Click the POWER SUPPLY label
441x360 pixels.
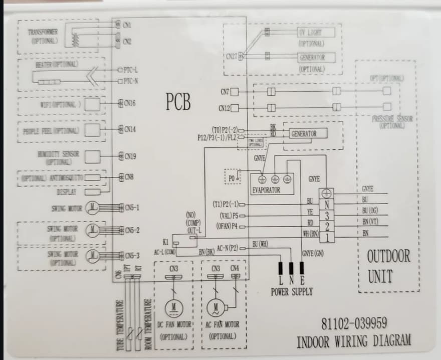(x=292, y=291)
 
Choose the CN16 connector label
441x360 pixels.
(x=130, y=103)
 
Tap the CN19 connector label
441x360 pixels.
(x=130, y=156)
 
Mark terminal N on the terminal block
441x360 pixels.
(x=327, y=205)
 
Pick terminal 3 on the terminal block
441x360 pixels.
(x=327, y=216)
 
